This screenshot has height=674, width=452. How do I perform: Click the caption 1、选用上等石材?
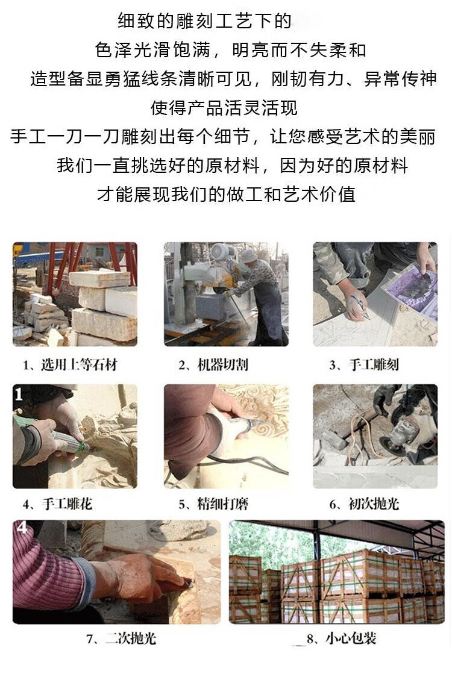(x=70, y=365)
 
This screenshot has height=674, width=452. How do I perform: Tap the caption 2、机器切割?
(x=214, y=365)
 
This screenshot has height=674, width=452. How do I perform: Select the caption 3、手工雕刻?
(x=364, y=365)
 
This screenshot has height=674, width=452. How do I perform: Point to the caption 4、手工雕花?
(x=58, y=504)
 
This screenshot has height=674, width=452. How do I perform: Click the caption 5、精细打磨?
(x=214, y=504)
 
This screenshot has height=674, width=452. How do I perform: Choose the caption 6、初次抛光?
(x=364, y=504)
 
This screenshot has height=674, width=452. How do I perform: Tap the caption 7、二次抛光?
(x=121, y=638)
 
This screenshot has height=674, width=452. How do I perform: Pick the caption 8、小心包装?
(x=342, y=638)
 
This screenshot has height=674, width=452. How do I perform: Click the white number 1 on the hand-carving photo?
(x=19, y=394)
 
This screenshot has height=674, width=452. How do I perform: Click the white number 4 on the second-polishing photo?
(x=22, y=527)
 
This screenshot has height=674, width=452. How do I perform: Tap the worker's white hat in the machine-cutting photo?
(x=248, y=255)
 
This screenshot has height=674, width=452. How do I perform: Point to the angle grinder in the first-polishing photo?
(x=402, y=434)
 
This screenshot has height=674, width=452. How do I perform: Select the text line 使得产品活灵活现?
(x=224, y=108)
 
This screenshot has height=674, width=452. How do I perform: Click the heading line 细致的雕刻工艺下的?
(x=205, y=21)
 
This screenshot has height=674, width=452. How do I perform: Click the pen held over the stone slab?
(x=360, y=306)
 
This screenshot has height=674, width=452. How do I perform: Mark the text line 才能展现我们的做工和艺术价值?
(x=226, y=195)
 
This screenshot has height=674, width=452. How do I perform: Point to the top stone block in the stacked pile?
(x=99, y=278)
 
